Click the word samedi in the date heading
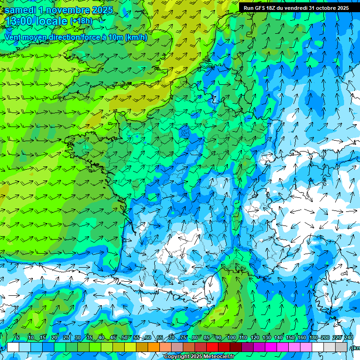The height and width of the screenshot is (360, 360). point(20,10)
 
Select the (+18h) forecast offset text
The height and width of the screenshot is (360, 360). point(81,21)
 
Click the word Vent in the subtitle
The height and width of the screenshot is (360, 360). point(13,37)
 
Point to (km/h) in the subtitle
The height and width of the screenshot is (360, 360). point(136,37)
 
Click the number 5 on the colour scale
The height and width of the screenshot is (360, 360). point(18,338)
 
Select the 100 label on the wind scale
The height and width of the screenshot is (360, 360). point(231,338)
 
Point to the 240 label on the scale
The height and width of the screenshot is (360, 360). point(349,338)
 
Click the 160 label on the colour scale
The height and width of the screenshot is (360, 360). point(302,338)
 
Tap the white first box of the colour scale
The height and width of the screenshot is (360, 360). point(13,347)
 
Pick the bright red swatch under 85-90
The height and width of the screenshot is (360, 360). point(212,347)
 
